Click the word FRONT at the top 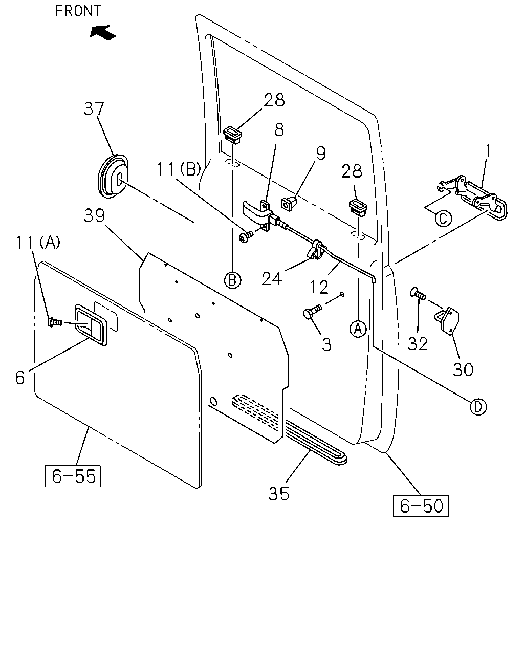tap(78, 11)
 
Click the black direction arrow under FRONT tap(103, 33)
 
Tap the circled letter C tap(443, 218)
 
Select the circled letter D tap(478, 407)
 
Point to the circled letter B tap(233, 280)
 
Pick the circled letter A tap(358, 329)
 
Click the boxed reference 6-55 tap(73, 476)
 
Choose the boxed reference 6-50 tap(421, 506)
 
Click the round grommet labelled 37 tap(113, 177)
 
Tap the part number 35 tap(278, 494)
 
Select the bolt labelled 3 tap(312, 312)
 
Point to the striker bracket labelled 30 tap(447, 320)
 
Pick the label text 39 tap(94, 215)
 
